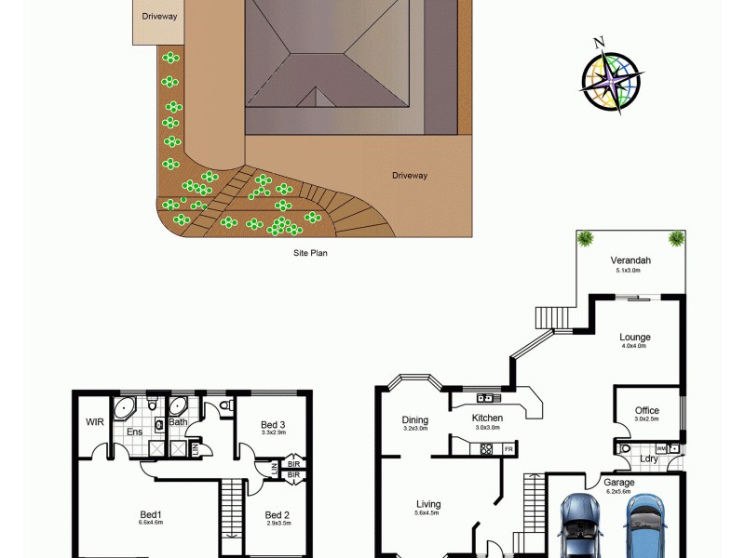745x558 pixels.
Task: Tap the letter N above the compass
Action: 600,42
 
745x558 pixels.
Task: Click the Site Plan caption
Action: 311,252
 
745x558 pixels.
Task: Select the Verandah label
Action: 630,260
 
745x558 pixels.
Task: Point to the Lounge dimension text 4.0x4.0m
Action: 635,346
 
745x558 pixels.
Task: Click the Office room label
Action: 647,410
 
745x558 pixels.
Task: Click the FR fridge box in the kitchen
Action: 508,450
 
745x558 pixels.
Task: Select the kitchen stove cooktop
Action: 485,449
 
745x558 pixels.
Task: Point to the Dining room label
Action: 415,419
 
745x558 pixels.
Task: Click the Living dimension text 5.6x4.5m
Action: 427,513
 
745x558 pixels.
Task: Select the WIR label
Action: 94,422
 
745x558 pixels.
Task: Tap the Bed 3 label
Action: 274,425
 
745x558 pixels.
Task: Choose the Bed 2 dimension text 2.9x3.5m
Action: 278,524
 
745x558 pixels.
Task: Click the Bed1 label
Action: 151,514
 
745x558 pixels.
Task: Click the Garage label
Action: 619,483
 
